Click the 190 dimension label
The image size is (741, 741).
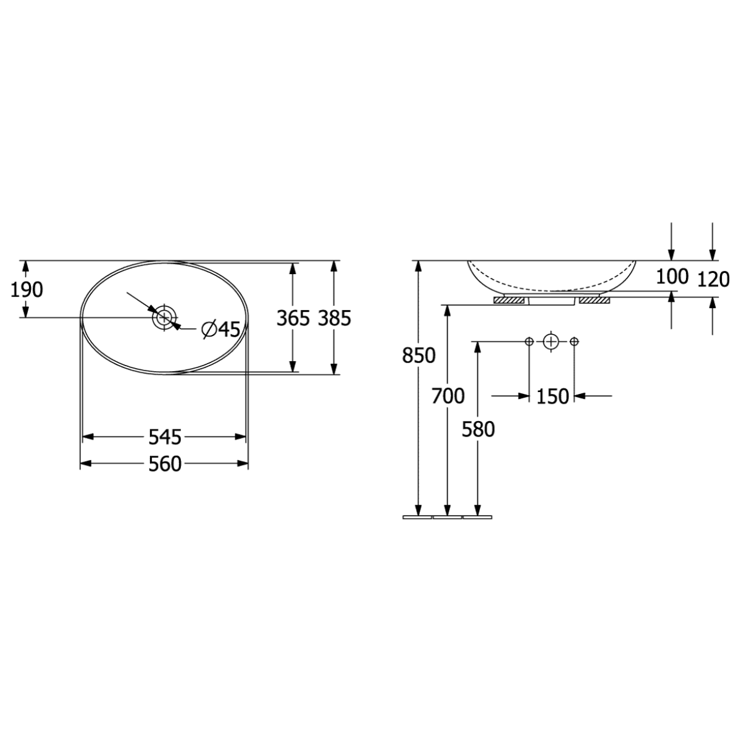pos(27,290)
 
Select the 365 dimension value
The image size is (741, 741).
pos(293,319)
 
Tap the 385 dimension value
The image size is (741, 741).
pos(335,319)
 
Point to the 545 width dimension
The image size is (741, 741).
pos(165,437)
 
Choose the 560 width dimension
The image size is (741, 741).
pos(165,464)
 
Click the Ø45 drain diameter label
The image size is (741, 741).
pos(220,329)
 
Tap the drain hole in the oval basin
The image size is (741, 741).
pos(165,317)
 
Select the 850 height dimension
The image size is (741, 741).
pos(419,355)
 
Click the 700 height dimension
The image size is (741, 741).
pos(448,396)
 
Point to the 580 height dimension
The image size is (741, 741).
pos(478,430)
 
